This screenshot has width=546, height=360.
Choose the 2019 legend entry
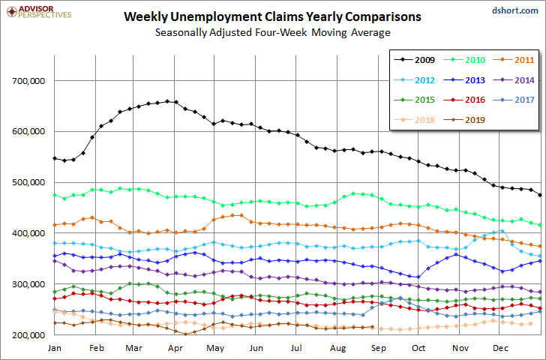pyautogui.click(x=471, y=118)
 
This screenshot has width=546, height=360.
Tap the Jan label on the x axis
pyautogui.click(x=54, y=349)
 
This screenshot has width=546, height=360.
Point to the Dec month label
pyautogui.click(x=499, y=349)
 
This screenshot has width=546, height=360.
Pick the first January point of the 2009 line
pyautogui.click(x=55, y=158)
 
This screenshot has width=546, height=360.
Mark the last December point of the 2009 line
pyautogui.click(x=541, y=195)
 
